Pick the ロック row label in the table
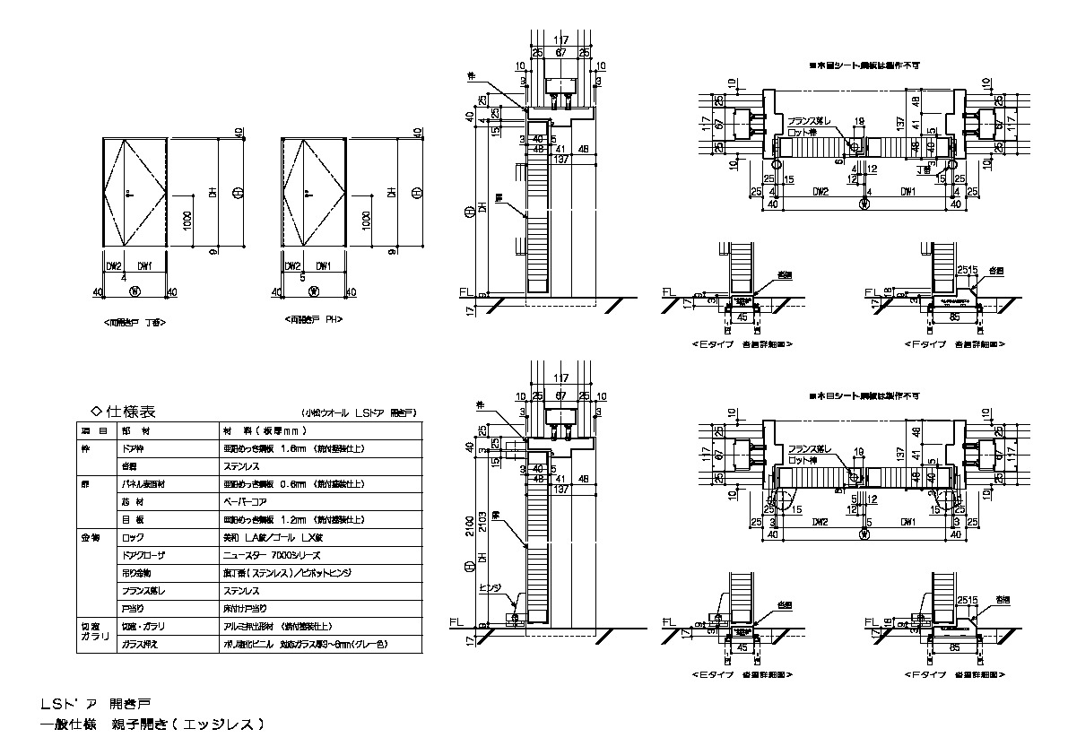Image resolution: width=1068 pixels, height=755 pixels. click(x=132, y=537)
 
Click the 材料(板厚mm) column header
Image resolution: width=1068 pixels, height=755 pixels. click(x=261, y=430)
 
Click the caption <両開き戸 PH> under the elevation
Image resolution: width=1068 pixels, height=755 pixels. click(x=314, y=319)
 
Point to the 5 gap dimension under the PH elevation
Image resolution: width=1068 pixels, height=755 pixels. click(x=303, y=278)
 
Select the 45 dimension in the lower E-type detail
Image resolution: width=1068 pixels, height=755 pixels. click(x=742, y=645)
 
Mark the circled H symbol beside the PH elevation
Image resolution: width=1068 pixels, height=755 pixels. click(x=416, y=192)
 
